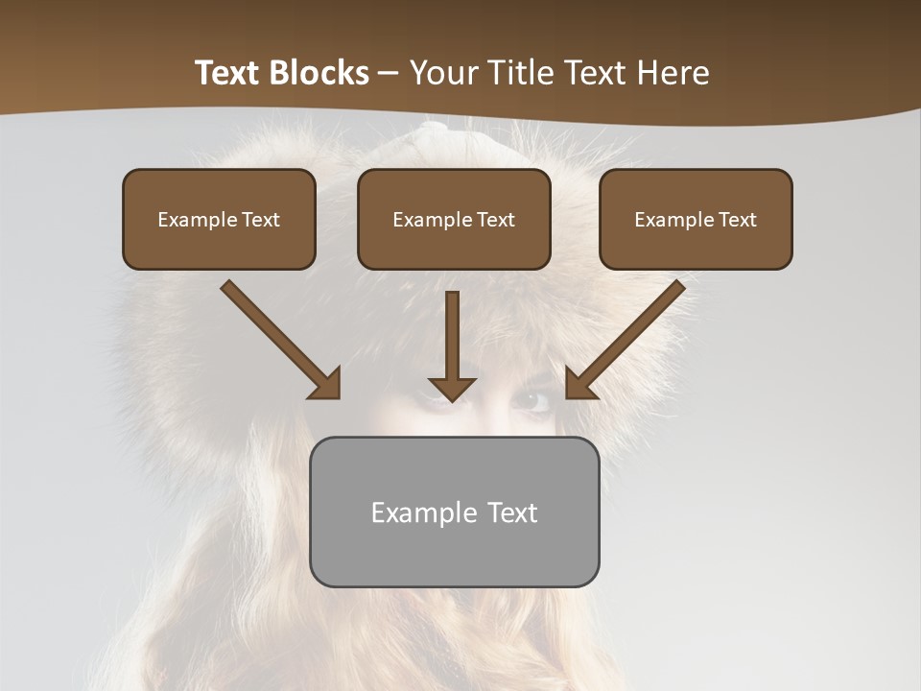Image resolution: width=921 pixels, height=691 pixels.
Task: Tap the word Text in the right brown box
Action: click(x=738, y=220)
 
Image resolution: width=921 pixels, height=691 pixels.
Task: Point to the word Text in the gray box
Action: click(x=512, y=512)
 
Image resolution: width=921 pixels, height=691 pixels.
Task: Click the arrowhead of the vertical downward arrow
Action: click(x=452, y=389)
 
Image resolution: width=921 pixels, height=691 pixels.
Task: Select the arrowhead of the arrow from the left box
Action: click(x=326, y=384)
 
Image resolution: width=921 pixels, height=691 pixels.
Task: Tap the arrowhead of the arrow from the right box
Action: click(x=579, y=384)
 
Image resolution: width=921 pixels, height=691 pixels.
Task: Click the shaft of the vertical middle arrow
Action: click(x=452, y=331)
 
